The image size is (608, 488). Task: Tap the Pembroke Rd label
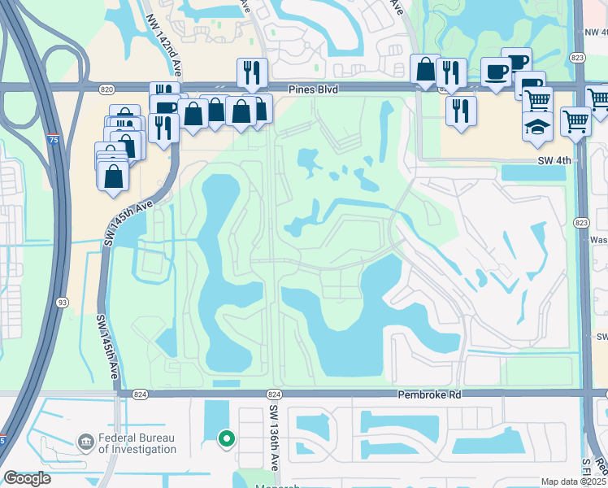tap(429, 394)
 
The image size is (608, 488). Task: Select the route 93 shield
tap(61, 303)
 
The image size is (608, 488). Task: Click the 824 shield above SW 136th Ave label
tap(275, 394)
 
